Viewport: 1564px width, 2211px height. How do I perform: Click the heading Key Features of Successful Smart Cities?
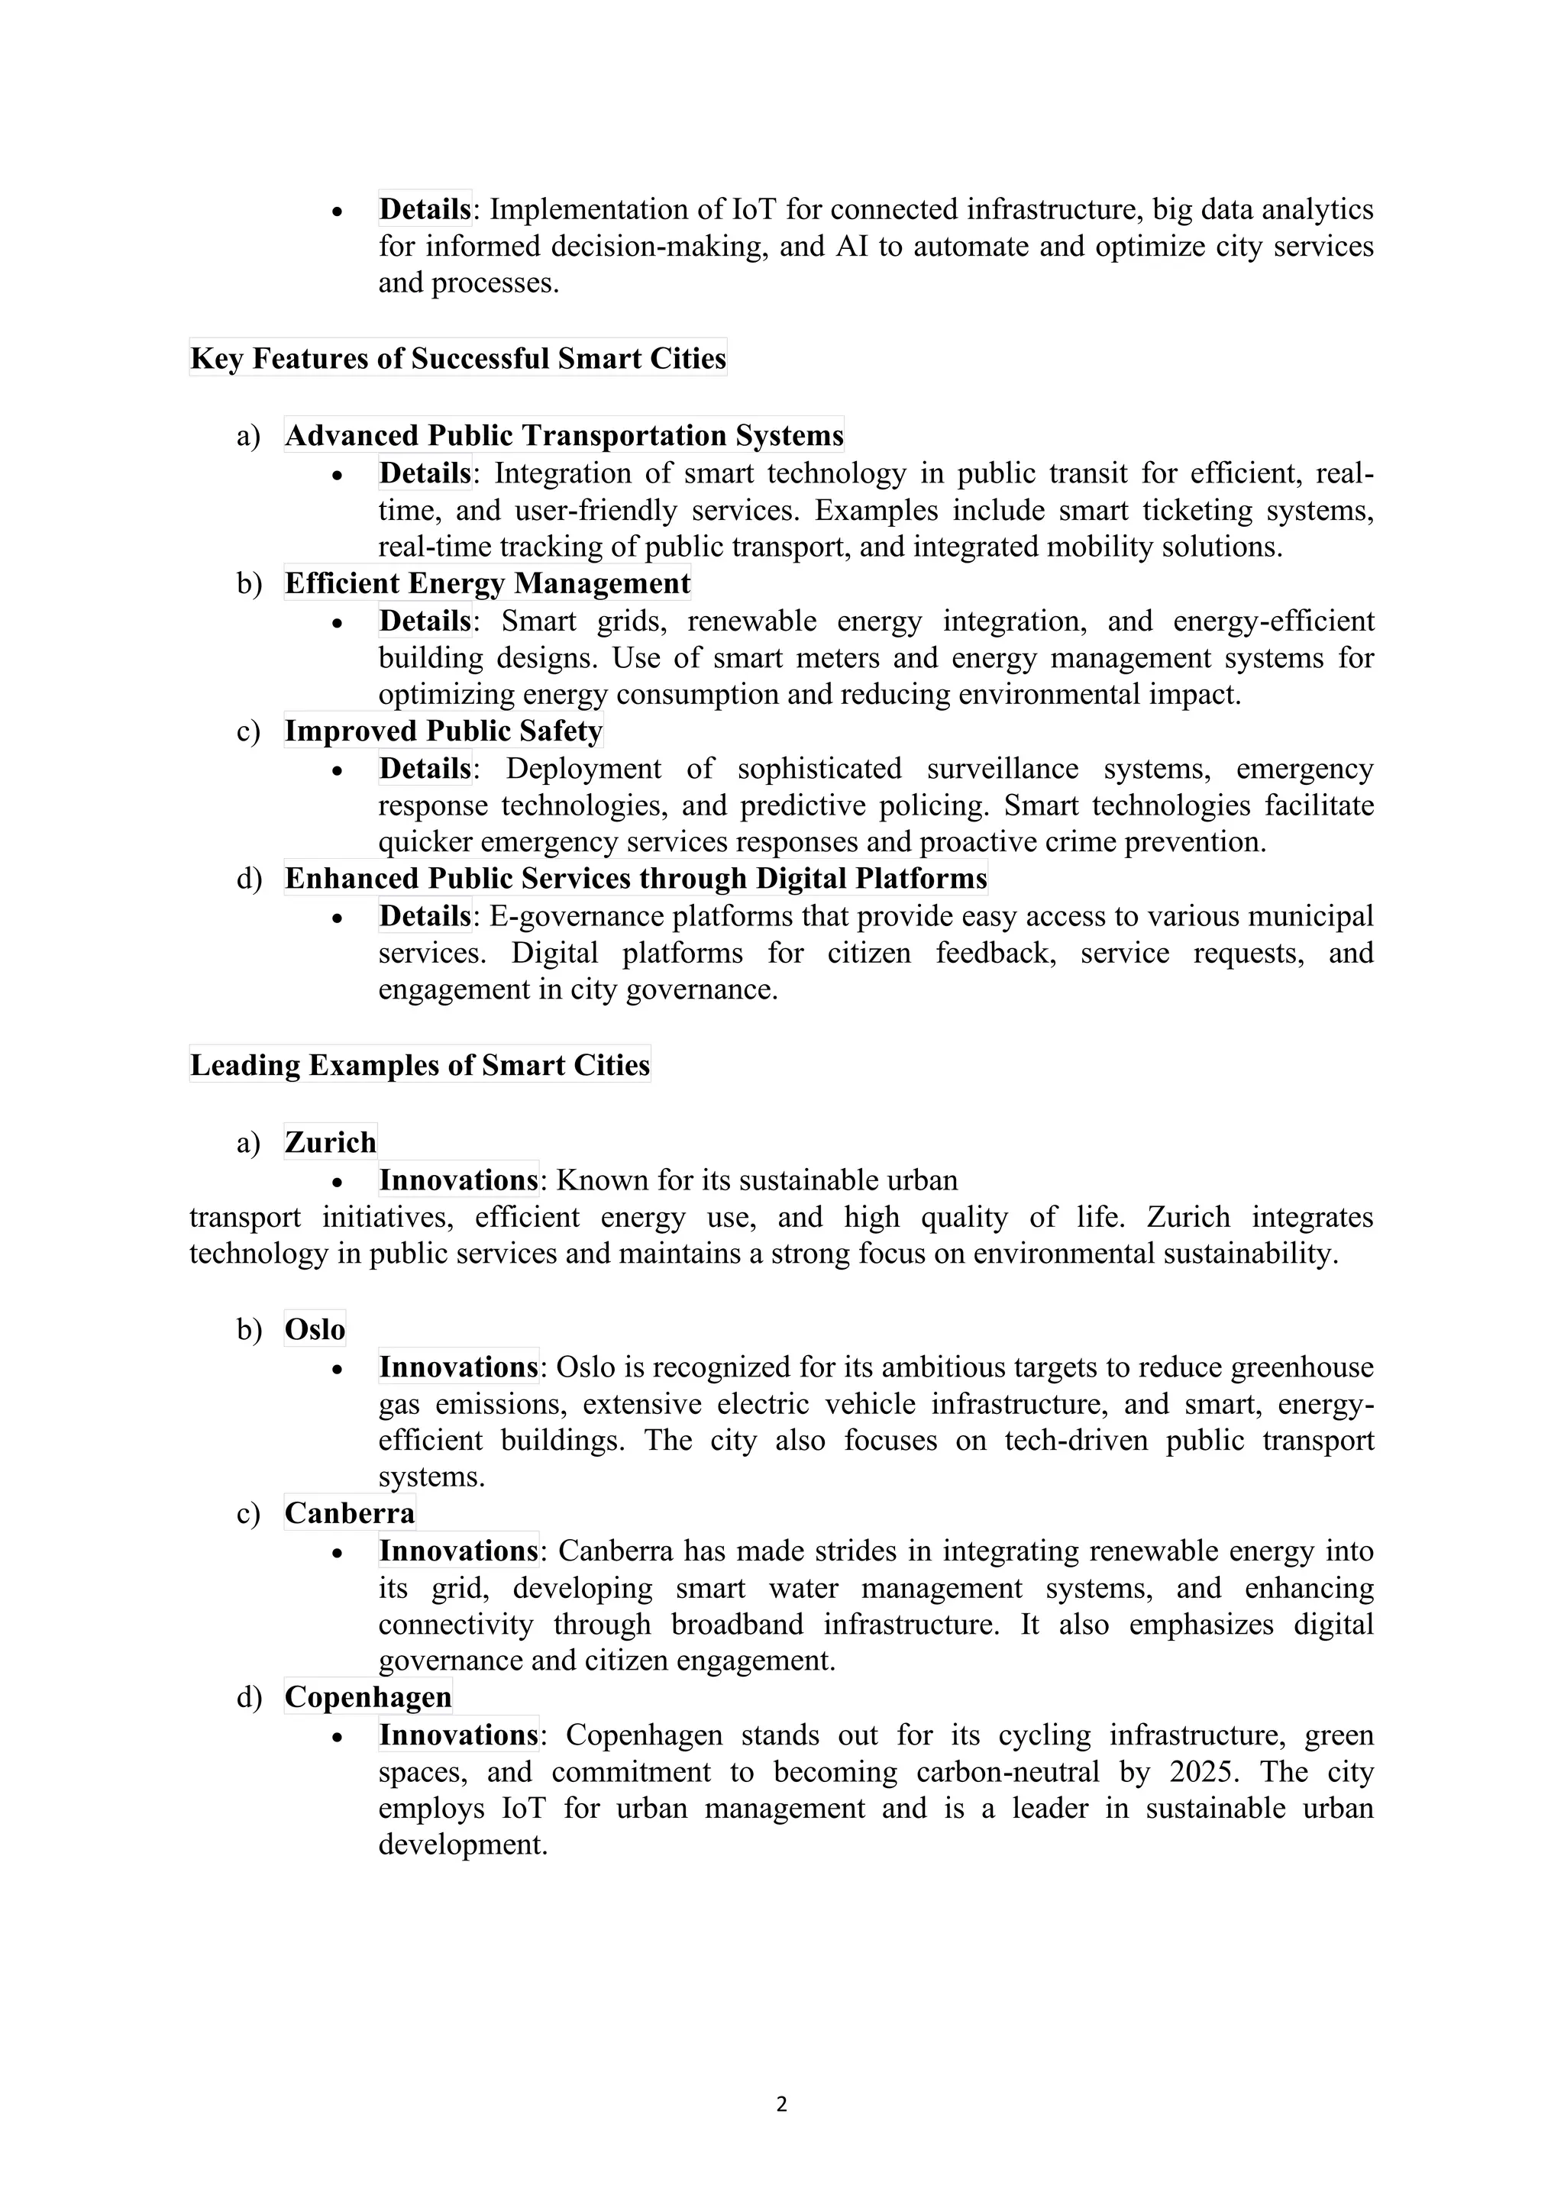[457, 358]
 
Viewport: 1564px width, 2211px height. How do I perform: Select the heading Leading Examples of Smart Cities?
[420, 1065]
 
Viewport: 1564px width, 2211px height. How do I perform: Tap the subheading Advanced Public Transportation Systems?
[564, 435]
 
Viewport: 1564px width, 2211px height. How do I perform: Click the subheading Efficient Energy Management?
[487, 583]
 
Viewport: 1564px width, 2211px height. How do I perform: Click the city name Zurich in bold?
[331, 1142]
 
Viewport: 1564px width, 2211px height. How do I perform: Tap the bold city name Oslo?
[314, 1329]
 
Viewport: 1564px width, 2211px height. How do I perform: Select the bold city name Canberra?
[350, 1513]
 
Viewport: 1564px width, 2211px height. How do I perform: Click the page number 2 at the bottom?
[781, 2104]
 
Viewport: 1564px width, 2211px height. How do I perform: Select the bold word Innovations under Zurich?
[458, 1180]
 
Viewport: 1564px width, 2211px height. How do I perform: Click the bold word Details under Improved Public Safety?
[425, 769]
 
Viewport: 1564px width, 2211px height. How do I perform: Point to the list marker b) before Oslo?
[248, 1330]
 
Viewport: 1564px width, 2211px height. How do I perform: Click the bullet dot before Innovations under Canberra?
[337, 1552]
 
